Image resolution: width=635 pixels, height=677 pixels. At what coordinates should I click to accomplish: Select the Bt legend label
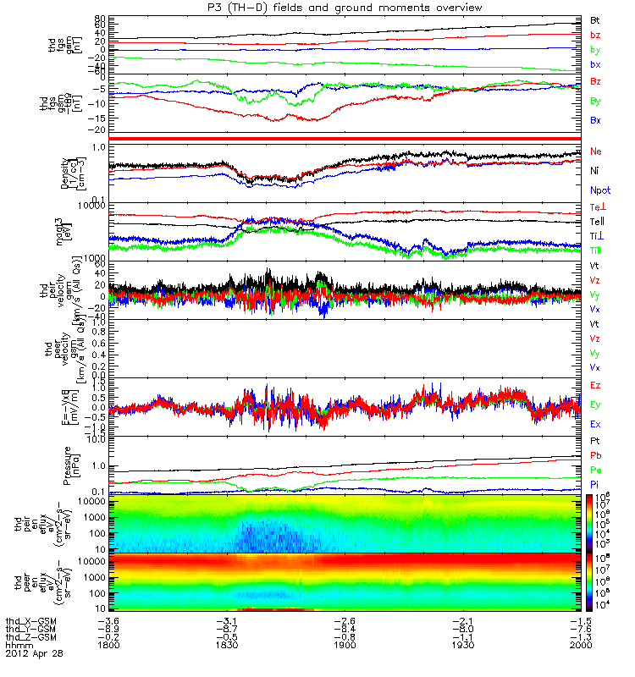coord(595,19)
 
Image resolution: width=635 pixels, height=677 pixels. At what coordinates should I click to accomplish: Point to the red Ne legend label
coord(596,151)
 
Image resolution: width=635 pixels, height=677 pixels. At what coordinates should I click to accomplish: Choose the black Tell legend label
coord(598,222)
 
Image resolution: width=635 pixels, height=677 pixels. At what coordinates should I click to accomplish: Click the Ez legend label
coord(595,385)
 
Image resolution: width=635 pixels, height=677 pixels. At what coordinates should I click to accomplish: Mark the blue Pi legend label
coord(595,484)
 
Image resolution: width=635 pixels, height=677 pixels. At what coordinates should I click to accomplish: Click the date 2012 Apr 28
coord(34,654)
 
